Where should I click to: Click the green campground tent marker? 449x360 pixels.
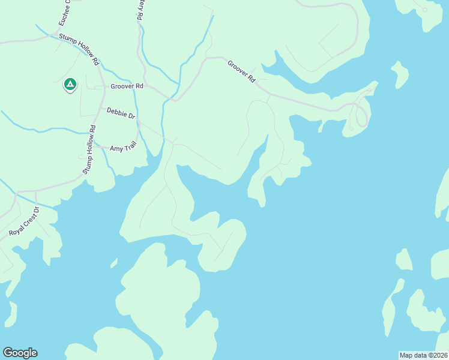pos(70,85)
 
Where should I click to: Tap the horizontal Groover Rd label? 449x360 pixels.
pos(127,86)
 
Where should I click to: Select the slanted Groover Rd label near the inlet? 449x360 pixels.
pos(241,71)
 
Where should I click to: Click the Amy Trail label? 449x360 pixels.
pos(124,147)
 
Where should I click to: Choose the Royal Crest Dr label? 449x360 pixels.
pos(23,221)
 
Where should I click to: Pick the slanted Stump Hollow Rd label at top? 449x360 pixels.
pos(79,48)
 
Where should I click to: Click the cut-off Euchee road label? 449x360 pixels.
pos(64,13)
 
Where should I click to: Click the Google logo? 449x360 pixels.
pos(20,353)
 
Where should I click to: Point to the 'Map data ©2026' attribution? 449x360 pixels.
pos(423,355)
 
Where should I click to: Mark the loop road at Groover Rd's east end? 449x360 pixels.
pos(361,114)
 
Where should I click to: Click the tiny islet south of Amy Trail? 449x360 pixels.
pos(113,263)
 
